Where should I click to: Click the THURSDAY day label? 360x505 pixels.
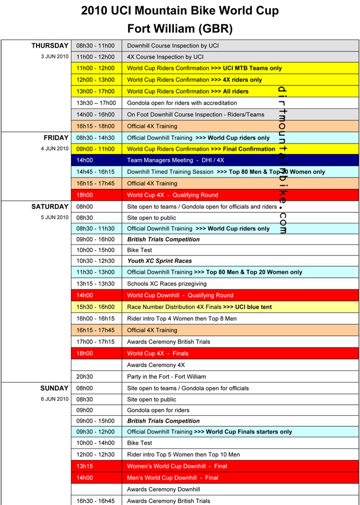tap(50, 46)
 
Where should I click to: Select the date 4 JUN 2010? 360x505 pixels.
tap(55, 149)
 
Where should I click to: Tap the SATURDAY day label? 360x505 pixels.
tap(50, 206)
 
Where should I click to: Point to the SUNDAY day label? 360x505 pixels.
tap(54, 388)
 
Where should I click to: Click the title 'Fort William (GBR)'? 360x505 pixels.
tap(180, 28)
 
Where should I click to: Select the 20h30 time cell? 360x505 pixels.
tap(85, 376)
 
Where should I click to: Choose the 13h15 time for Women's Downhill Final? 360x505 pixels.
tap(85, 466)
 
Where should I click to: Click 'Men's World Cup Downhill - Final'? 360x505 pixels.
tap(173, 477)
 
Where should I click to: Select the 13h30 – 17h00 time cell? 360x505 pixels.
tap(96, 103)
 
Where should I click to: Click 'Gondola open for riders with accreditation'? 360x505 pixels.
tap(182, 103)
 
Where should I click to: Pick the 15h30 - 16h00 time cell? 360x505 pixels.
tap(96, 307)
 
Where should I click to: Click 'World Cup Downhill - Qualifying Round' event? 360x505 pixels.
tap(181, 295)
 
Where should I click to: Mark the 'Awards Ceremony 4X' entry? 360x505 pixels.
tap(156, 365)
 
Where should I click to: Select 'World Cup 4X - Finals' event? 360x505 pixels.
tap(158, 354)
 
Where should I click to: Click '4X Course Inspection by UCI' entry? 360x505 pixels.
tap(166, 57)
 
